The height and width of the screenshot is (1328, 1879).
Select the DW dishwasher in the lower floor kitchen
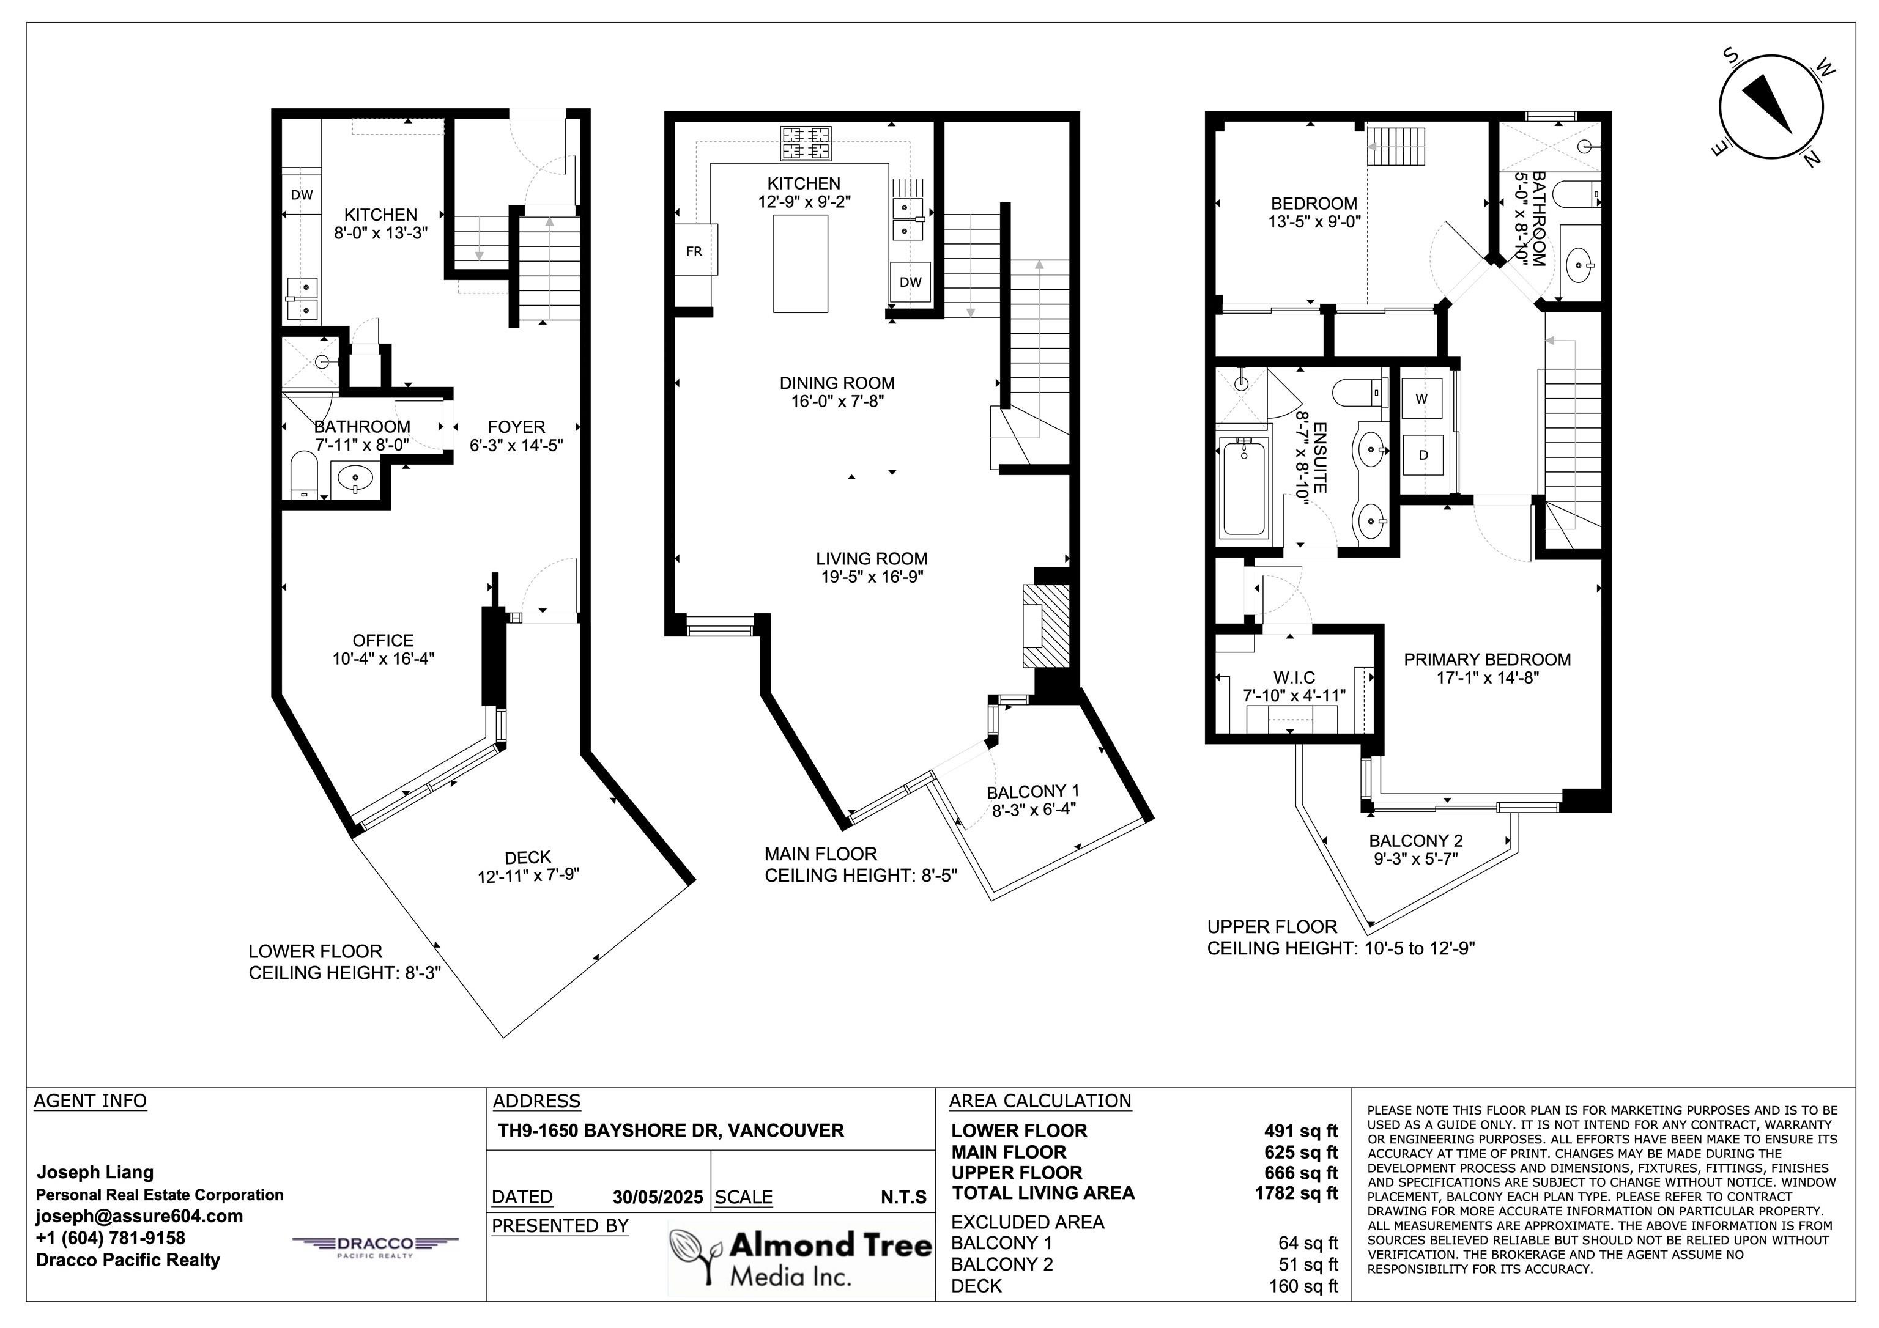[302, 195]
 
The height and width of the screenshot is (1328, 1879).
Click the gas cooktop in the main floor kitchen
[806, 142]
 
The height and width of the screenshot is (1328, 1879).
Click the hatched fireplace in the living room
[1045, 625]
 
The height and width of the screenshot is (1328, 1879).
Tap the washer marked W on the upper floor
[1422, 399]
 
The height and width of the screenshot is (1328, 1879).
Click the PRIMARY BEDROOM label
[1487, 660]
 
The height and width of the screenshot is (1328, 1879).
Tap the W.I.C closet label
[1294, 677]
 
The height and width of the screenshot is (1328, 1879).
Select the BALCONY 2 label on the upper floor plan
[1416, 840]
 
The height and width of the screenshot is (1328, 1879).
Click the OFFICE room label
[383, 641]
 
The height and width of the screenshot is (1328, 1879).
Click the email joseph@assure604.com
[139, 1216]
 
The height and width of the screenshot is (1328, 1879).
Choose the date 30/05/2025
[658, 1197]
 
